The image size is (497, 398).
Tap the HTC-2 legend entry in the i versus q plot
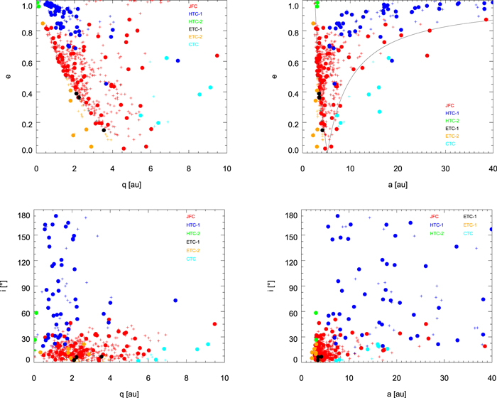(x=192, y=233)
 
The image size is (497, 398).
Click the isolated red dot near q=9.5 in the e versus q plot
(x=217, y=55)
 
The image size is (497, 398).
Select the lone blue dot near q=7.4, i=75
(x=175, y=301)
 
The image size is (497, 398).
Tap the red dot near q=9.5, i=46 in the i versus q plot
(x=214, y=324)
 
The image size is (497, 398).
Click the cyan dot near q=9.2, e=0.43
(x=211, y=87)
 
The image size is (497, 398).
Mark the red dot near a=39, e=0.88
(x=486, y=20)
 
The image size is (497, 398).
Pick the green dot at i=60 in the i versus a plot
(x=315, y=313)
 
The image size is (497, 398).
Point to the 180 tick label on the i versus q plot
(x=23, y=216)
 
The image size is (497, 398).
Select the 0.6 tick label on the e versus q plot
(x=25, y=64)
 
